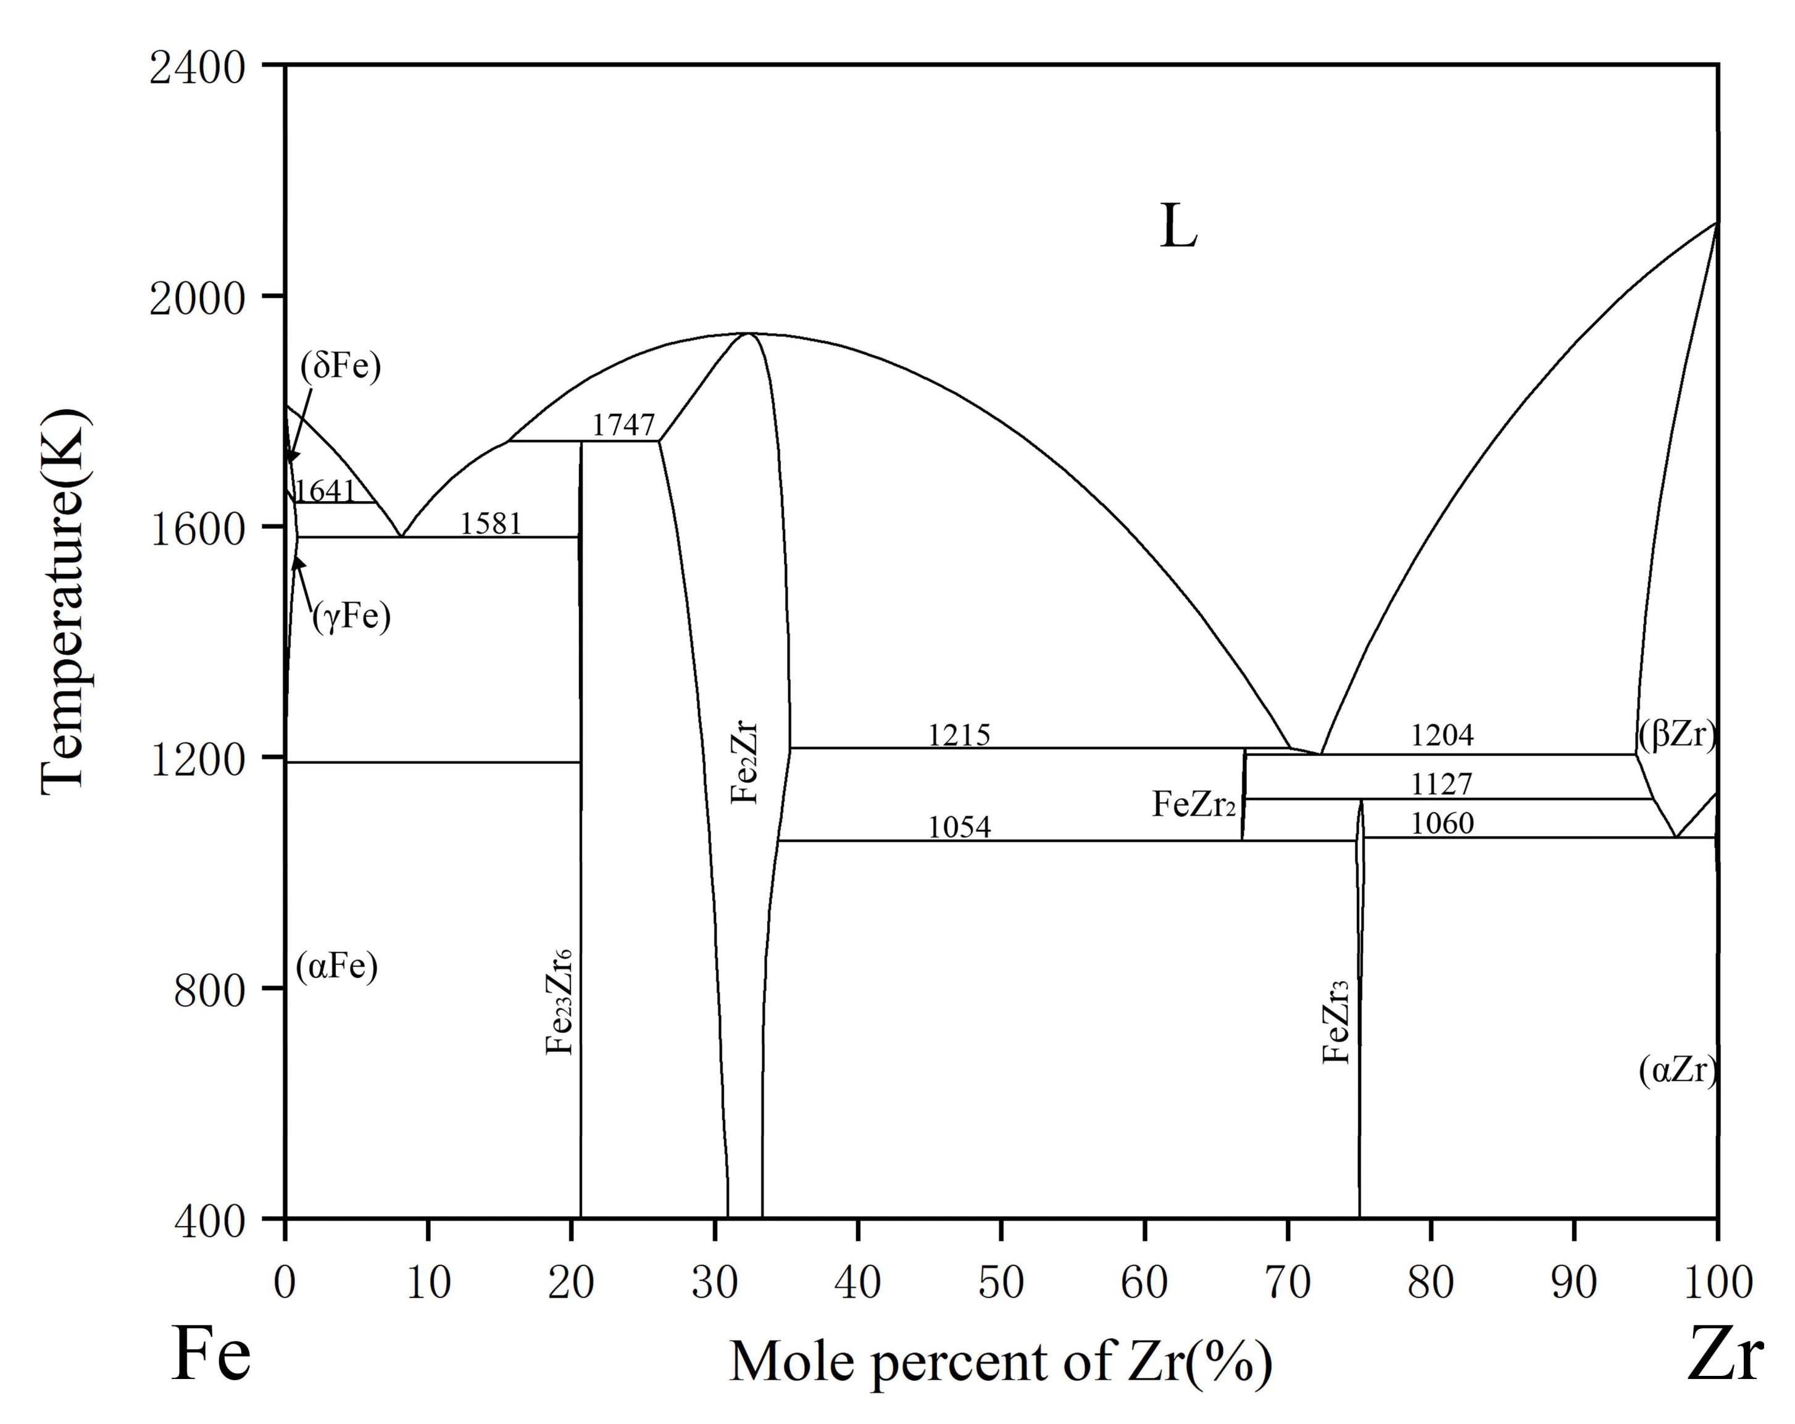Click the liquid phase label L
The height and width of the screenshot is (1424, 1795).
coord(1178,227)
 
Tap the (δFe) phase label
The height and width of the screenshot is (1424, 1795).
coord(341,366)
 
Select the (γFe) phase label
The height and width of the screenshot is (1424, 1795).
coord(351,617)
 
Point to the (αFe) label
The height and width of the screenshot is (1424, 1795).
coord(337,967)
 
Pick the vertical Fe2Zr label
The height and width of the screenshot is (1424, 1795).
coord(744,764)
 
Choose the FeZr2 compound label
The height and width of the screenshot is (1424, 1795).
coord(1193,804)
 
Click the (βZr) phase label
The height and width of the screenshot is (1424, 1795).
coord(1676,735)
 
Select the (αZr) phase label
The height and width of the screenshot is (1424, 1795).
coord(1676,1070)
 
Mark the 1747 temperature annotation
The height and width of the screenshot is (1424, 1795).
coord(623,425)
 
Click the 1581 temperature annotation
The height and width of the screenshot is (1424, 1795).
coord(491,523)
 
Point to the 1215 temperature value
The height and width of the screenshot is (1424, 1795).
coord(959,735)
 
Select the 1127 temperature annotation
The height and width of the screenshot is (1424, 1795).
coord(1442,784)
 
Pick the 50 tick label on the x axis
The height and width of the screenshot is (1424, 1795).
coord(1001,1283)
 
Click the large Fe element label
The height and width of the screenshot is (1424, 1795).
coord(210,1355)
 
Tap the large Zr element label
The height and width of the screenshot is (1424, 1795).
coord(1724,1355)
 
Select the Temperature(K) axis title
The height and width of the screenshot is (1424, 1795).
coord(64,601)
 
